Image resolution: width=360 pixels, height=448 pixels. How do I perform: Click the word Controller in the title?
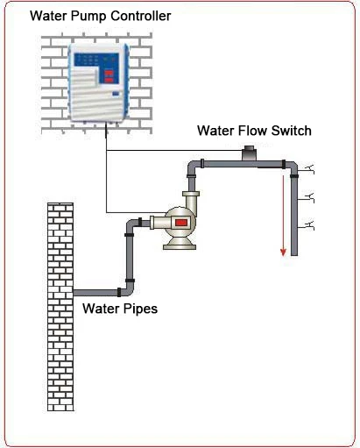coord(141,16)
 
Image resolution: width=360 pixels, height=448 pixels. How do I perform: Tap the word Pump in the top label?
coord(90,17)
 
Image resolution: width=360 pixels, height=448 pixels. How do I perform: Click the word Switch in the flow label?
coord(291,131)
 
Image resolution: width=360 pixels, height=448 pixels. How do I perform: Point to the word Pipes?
coord(140,309)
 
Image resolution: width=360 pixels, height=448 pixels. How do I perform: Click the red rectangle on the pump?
coord(181,223)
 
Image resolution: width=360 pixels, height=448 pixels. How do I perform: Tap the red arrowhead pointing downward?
coord(283,252)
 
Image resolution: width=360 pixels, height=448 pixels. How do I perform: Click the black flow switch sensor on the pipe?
coord(249,153)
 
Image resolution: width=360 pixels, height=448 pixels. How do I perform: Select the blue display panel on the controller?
coord(97,63)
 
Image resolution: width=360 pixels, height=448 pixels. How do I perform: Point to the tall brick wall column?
coord(60,307)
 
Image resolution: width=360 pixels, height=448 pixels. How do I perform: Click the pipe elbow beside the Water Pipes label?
coord(128,289)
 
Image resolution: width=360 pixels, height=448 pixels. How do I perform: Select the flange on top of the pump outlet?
coord(191,194)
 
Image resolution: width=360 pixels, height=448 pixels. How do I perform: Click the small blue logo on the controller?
coord(116,94)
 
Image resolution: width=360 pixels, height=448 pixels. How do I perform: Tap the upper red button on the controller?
coord(109,73)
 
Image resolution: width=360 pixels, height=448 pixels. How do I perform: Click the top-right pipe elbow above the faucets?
coord(291,168)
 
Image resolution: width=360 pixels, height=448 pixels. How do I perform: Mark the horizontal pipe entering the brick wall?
coord(95,293)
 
